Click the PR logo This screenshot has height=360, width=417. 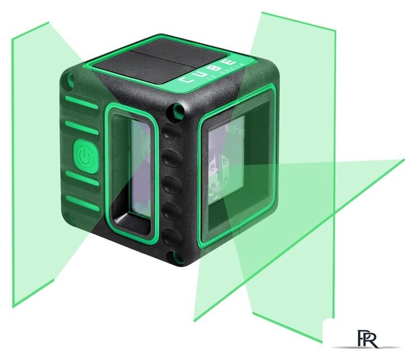[368, 339]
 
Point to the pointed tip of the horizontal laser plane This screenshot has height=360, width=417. [403, 160]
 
